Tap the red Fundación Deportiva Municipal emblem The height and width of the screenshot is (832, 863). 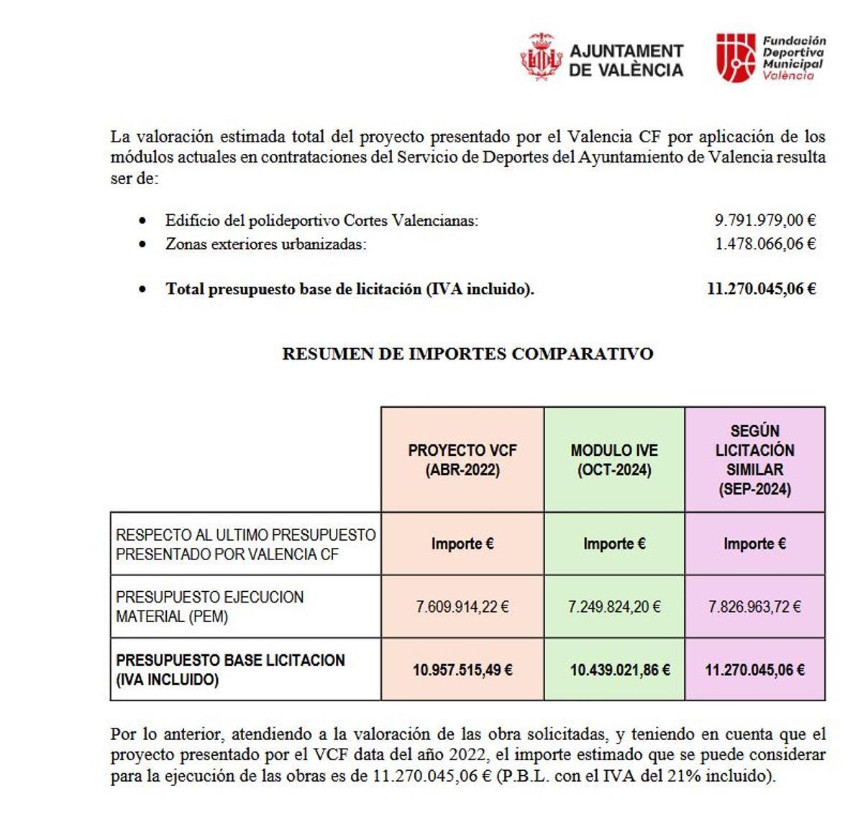point(735,58)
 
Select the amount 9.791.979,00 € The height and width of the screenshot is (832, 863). point(765,221)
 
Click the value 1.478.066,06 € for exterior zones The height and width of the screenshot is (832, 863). point(765,244)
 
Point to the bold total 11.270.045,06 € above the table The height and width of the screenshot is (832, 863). point(762,289)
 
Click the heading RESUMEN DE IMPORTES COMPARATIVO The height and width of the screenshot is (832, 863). point(467,354)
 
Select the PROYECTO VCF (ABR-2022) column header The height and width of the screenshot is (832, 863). point(462,460)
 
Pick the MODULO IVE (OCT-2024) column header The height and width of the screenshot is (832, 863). point(614,460)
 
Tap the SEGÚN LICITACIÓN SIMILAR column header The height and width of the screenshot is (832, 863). point(754,460)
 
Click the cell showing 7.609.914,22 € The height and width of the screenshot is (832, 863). point(462,607)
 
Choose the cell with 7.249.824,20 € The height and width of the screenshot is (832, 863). point(614,607)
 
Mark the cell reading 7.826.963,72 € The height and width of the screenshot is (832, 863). point(754,607)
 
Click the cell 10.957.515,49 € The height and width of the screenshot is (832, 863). point(462,670)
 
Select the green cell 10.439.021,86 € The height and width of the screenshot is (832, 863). point(619,670)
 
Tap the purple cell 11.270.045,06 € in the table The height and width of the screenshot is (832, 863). point(754,670)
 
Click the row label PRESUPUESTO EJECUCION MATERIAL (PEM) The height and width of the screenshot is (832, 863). point(209,607)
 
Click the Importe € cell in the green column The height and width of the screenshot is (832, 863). point(614,544)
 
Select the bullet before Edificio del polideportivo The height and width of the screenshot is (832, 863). point(143,221)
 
